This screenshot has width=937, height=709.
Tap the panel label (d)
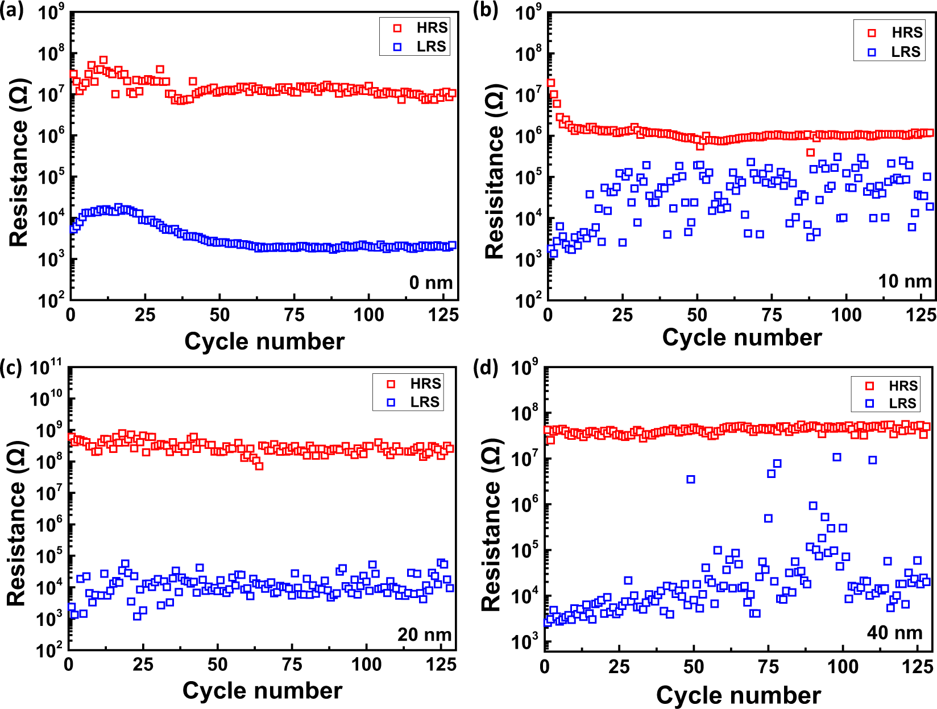click(x=486, y=368)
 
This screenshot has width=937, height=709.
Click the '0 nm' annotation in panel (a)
click(x=430, y=282)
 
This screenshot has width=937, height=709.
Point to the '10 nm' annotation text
click(x=904, y=281)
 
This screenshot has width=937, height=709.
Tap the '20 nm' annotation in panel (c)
click(x=424, y=634)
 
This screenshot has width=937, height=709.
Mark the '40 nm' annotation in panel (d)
click(x=894, y=632)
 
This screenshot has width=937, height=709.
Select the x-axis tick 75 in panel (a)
click(x=294, y=315)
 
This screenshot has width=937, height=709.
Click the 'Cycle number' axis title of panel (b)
click(x=741, y=337)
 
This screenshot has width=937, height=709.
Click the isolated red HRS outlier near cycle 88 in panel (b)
click(x=811, y=152)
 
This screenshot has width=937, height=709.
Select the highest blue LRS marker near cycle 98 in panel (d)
click(x=837, y=457)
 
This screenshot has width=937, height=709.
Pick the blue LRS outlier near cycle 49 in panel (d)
click(x=691, y=479)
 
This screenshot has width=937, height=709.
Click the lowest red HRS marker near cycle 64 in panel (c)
click(x=259, y=466)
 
